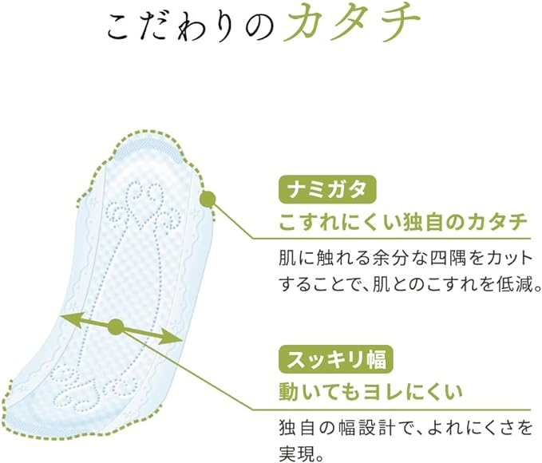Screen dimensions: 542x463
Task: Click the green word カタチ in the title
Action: tap(351, 23)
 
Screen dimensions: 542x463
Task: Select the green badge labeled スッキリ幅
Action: tap(336, 359)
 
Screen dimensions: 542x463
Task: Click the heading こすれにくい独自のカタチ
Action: tap(403, 222)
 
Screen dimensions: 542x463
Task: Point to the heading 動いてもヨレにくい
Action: tap(370, 392)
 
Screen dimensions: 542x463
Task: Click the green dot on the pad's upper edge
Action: tap(208, 199)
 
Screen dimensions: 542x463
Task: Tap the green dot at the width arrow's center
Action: tap(116, 326)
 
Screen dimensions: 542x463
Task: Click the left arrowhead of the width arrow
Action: tap(71, 319)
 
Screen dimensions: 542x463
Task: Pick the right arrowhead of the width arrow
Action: tap(170, 337)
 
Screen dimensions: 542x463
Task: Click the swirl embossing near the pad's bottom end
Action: tap(93, 388)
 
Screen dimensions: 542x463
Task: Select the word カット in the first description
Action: tap(508, 259)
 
